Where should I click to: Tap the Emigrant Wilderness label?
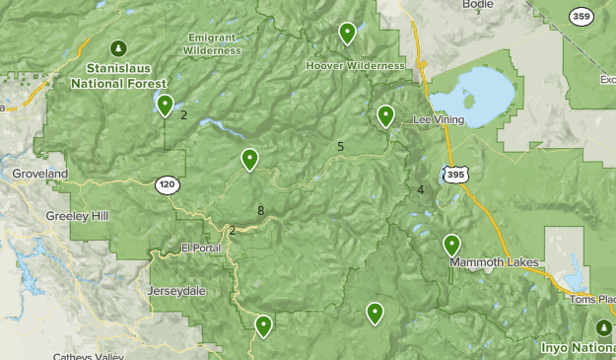(213, 43)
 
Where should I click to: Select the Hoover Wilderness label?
(355, 65)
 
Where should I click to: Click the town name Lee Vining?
(437, 118)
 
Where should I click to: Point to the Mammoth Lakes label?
(490, 263)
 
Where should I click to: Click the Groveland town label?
(39, 174)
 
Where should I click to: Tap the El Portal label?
(201, 248)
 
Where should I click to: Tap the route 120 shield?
(166, 183)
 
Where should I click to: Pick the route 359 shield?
(582, 16)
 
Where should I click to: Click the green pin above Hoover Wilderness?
(347, 35)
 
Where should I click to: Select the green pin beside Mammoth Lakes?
(451, 245)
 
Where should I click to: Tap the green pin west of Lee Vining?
(385, 117)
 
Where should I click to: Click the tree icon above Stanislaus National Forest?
(119, 47)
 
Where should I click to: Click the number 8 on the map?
(260, 210)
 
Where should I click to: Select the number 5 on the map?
(340, 147)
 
